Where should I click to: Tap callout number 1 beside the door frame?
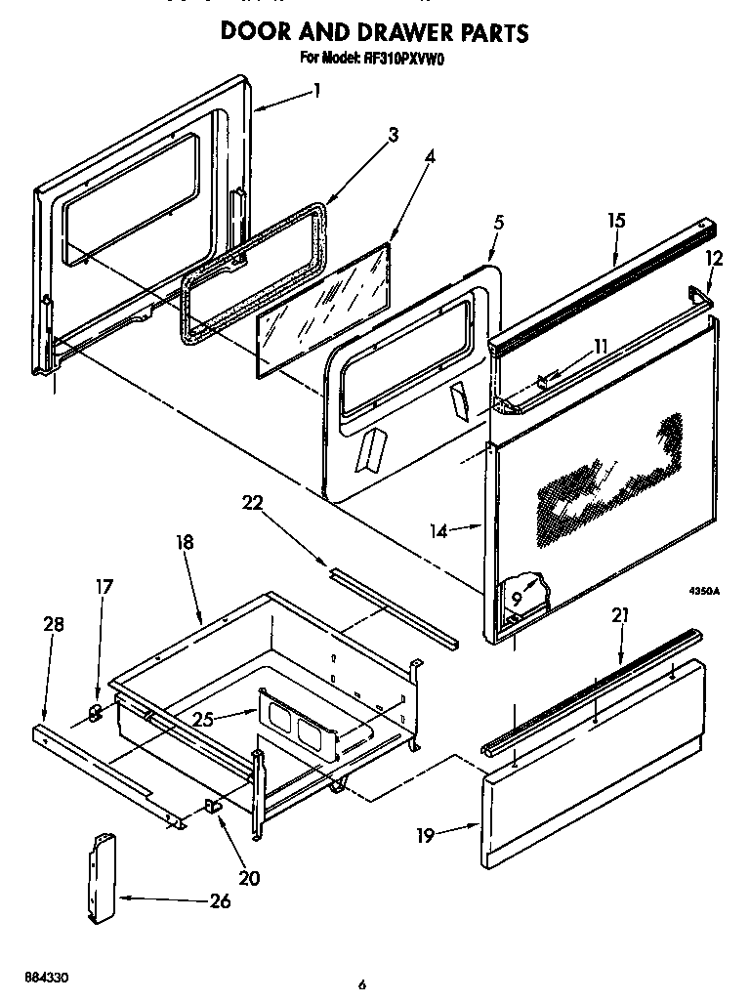[x=316, y=91]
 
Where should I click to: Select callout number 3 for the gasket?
[x=393, y=135]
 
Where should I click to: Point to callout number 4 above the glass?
[x=431, y=155]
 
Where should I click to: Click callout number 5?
[x=498, y=223]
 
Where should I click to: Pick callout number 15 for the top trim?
[x=615, y=221]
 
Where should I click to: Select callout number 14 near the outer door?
[x=439, y=531]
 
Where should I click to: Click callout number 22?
[x=254, y=502]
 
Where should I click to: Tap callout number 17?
[x=104, y=587]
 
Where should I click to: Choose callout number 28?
[x=54, y=624]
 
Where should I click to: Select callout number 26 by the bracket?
[x=220, y=900]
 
